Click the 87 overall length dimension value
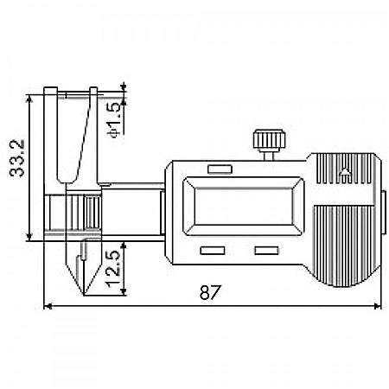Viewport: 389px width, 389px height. coord(207,292)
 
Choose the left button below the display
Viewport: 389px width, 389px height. coord(211,252)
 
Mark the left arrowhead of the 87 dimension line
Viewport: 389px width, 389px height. coord(48,307)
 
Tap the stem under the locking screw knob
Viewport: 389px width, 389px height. coord(265,155)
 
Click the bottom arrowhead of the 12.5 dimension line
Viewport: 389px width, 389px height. coord(124,292)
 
